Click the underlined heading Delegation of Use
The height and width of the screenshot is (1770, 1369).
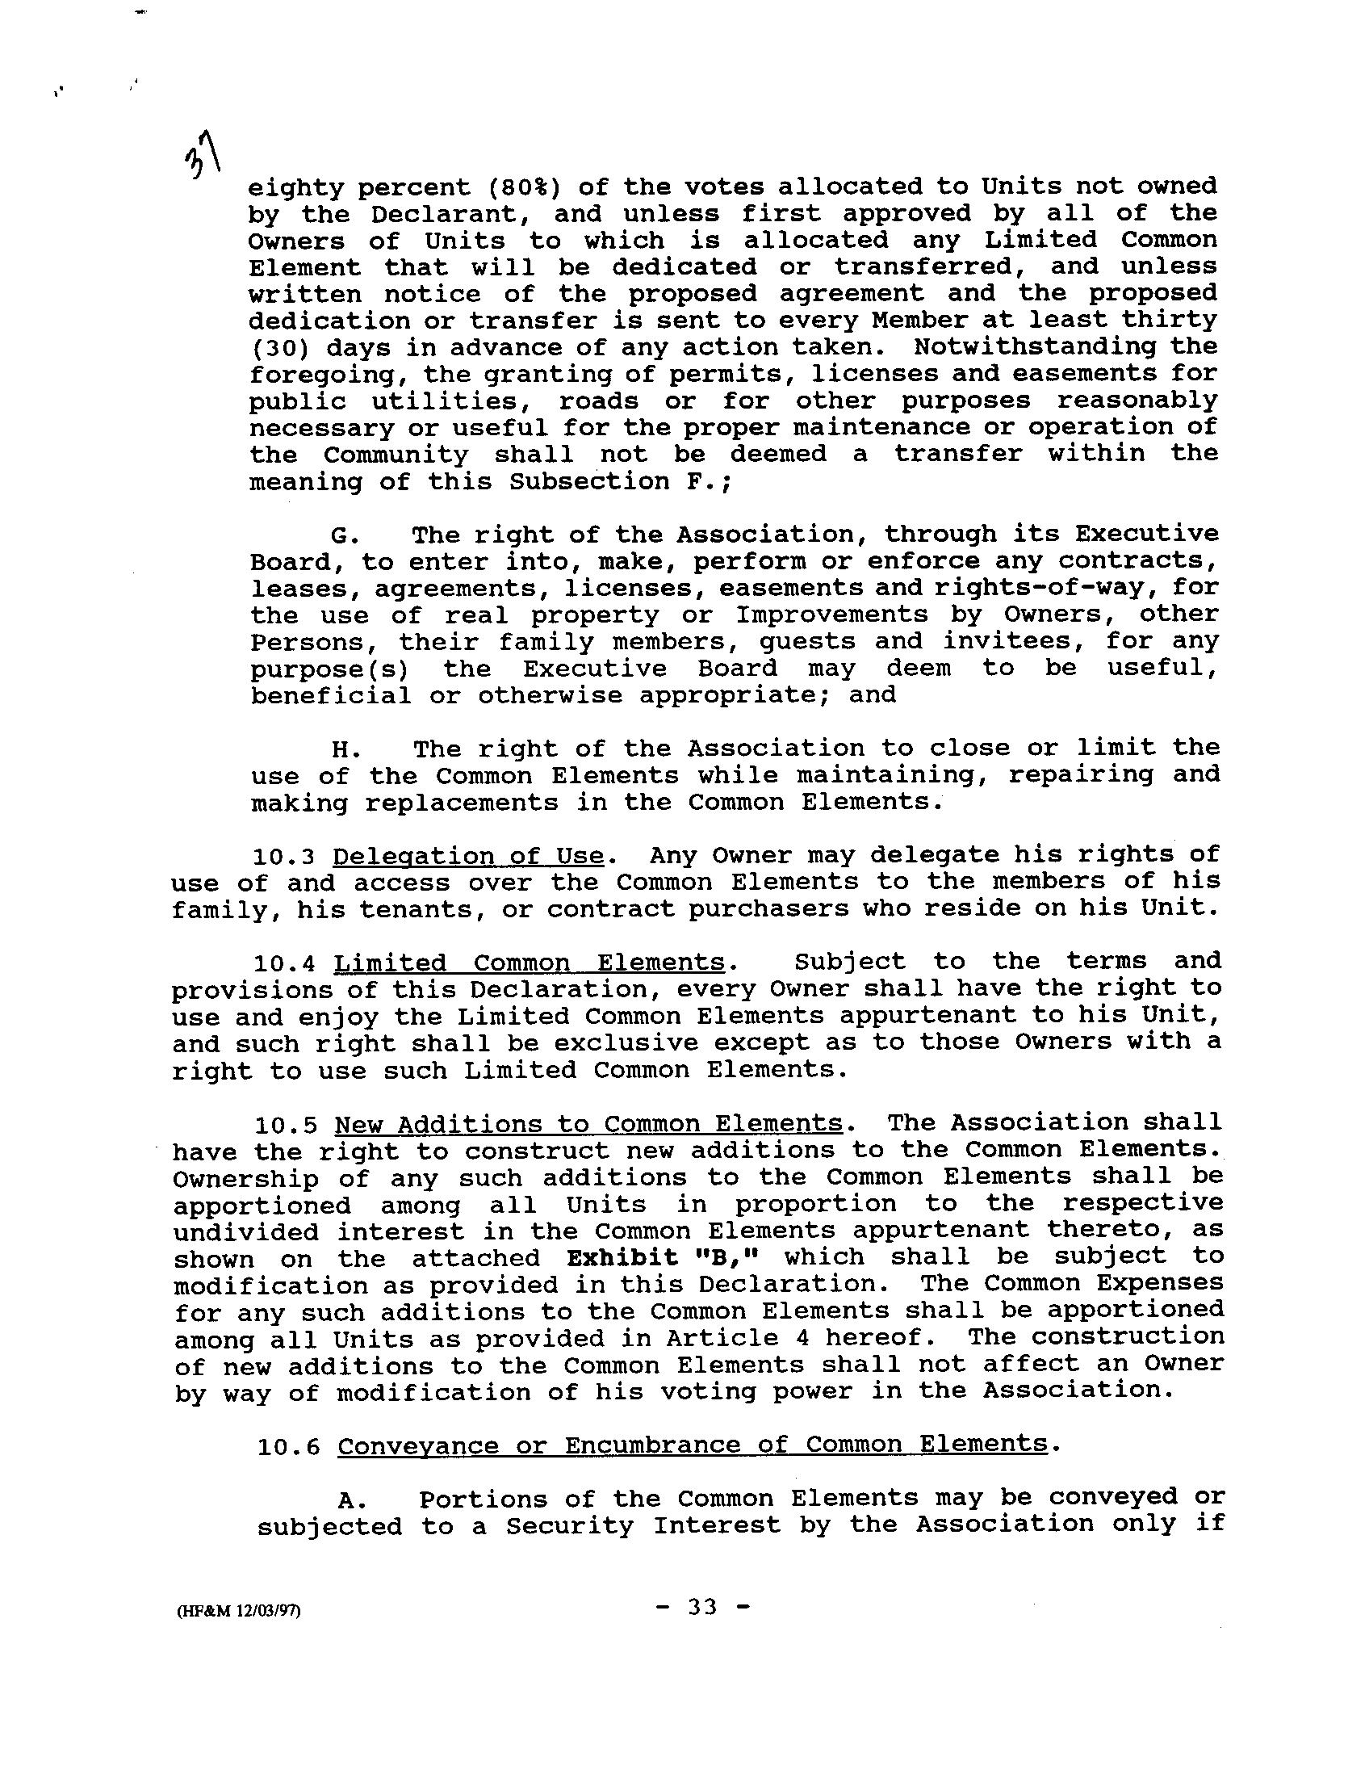pos(469,856)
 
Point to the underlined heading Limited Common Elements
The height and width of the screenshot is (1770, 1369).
pos(530,963)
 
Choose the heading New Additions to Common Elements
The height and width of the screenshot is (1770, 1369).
pos(589,1124)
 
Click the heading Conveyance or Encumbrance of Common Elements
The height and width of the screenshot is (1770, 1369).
pos(693,1445)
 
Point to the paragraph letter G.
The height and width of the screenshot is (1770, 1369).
pos(340,535)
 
